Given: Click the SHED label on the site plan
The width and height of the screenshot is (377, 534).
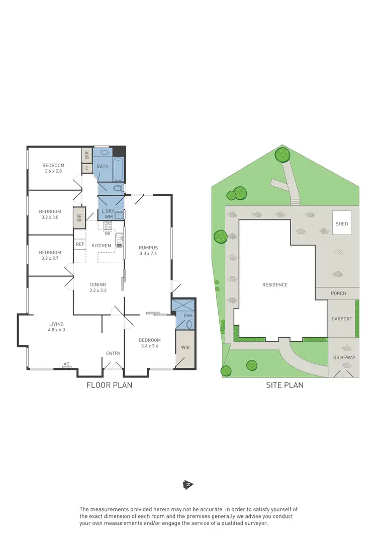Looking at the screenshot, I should click(342, 224).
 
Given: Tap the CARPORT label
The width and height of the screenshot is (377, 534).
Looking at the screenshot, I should click(342, 319).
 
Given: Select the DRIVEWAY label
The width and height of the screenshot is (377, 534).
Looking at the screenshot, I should click(344, 357).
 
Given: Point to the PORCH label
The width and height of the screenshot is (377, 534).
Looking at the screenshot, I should click(338, 293).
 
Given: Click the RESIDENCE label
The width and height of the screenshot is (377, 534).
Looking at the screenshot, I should click(275, 285).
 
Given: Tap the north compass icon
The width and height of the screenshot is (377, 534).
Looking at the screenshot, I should click(188, 485).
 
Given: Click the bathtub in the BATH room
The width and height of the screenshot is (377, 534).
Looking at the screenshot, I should click(119, 170).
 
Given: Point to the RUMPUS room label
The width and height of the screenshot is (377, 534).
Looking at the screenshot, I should click(149, 248).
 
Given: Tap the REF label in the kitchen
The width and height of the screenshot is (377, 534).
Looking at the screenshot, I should click(80, 244).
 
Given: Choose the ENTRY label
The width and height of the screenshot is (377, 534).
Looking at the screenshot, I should click(113, 353).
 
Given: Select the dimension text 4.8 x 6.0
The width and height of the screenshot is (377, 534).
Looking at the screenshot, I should click(57, 330).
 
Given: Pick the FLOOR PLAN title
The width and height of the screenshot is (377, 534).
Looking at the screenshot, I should click(109, 386).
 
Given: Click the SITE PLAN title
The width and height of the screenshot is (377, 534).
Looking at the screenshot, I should click(285, 386).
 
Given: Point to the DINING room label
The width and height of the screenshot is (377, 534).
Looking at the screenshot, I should click(98, 284).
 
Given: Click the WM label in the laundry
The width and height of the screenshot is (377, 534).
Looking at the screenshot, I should click(109, 217).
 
